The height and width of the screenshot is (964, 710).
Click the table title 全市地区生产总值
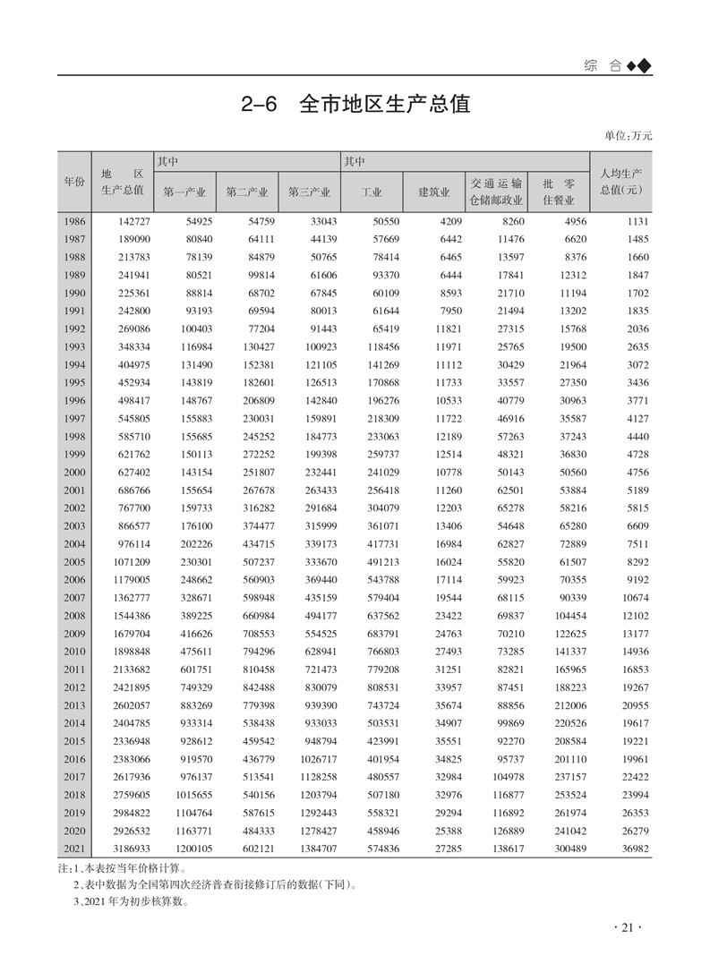355,104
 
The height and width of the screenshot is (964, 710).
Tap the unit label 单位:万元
629,136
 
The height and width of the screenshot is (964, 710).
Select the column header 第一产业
184,192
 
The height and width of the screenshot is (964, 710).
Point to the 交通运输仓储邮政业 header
497,192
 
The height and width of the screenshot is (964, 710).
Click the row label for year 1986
74,221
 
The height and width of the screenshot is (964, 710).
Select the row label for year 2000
74,472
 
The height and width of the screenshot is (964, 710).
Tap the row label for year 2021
74,848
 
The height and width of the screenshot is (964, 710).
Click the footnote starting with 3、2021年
129,901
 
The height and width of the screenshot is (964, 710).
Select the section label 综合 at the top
603,65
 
